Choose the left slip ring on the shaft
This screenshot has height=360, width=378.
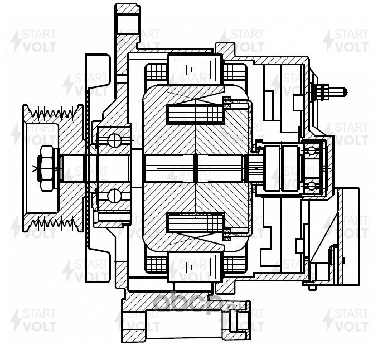[275, 166]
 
